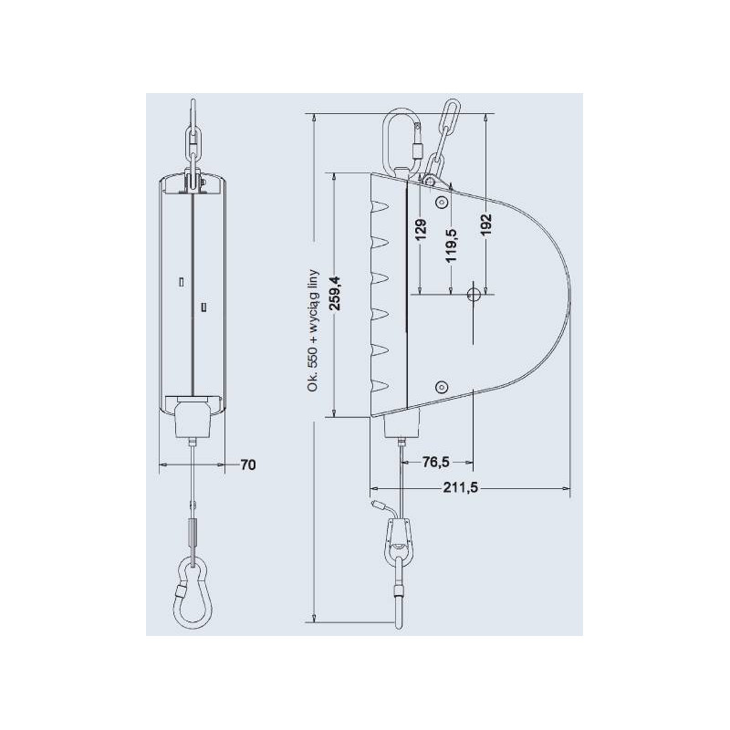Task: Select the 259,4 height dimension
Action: click(336, 294)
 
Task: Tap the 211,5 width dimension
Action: click(461, 487)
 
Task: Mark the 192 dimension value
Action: click(485, 225)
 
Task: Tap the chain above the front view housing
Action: click(193, 137)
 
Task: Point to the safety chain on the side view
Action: click(442, 137)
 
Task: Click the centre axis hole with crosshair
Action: click(473, 294)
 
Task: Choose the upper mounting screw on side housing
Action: click(442, 202)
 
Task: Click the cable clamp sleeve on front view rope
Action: click(193, 530)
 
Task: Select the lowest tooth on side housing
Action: click(381, 383)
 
